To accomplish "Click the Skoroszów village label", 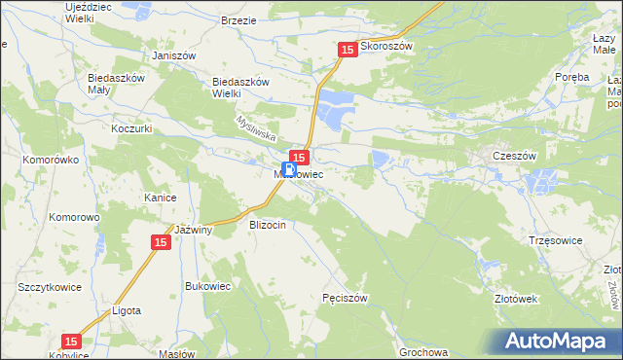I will click(387, 46).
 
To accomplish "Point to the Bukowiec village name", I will click(208, 286).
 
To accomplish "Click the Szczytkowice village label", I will click(48, 288).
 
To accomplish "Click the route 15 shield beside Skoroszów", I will click(348, 50).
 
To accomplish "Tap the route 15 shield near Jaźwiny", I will click(162, 242).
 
